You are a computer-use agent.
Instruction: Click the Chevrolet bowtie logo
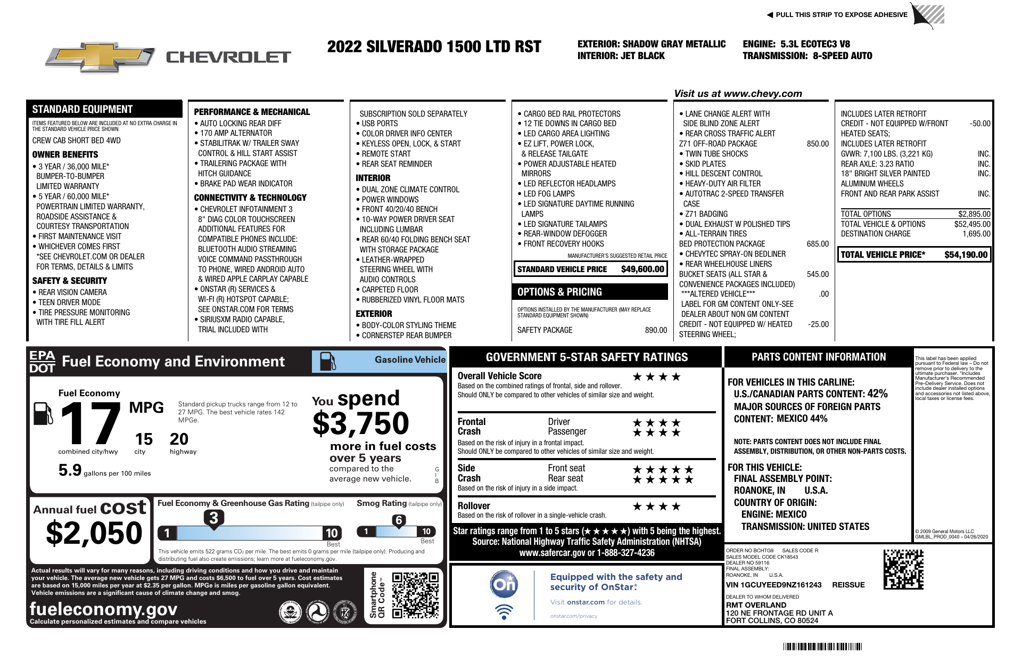click(x=101, y=58)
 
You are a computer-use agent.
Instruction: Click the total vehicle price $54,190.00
click(x=966, y=255)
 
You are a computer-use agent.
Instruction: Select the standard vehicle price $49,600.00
click(x=642, y=269)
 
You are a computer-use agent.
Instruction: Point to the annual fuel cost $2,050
click(x=94, y=533)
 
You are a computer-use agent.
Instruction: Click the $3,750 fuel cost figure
click(x=361, y=423)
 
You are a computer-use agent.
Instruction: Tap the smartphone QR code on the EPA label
click(x=415, y=595)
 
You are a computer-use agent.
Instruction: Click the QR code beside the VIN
click(x=903, y=569)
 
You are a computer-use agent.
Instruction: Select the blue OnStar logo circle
click(x=504, y=584)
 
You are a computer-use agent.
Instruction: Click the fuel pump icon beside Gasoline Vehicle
click(x=327, y=361)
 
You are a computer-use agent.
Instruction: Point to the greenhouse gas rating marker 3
click(x=213, y=518)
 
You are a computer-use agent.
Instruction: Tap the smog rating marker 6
click(x=399, y=520)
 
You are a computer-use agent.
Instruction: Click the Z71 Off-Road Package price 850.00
click(x=818, y=144)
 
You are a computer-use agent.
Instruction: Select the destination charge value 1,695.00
click(x=976, y=234)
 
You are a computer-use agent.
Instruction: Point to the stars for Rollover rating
click(x=656, y=506)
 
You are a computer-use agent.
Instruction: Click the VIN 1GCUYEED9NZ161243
click(x=773, y=585)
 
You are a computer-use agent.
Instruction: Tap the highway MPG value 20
click(x=179, y=439)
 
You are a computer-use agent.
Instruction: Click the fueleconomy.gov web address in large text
click(x=103, y=609)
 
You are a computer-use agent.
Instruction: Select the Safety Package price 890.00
click(x=656, y=330)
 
